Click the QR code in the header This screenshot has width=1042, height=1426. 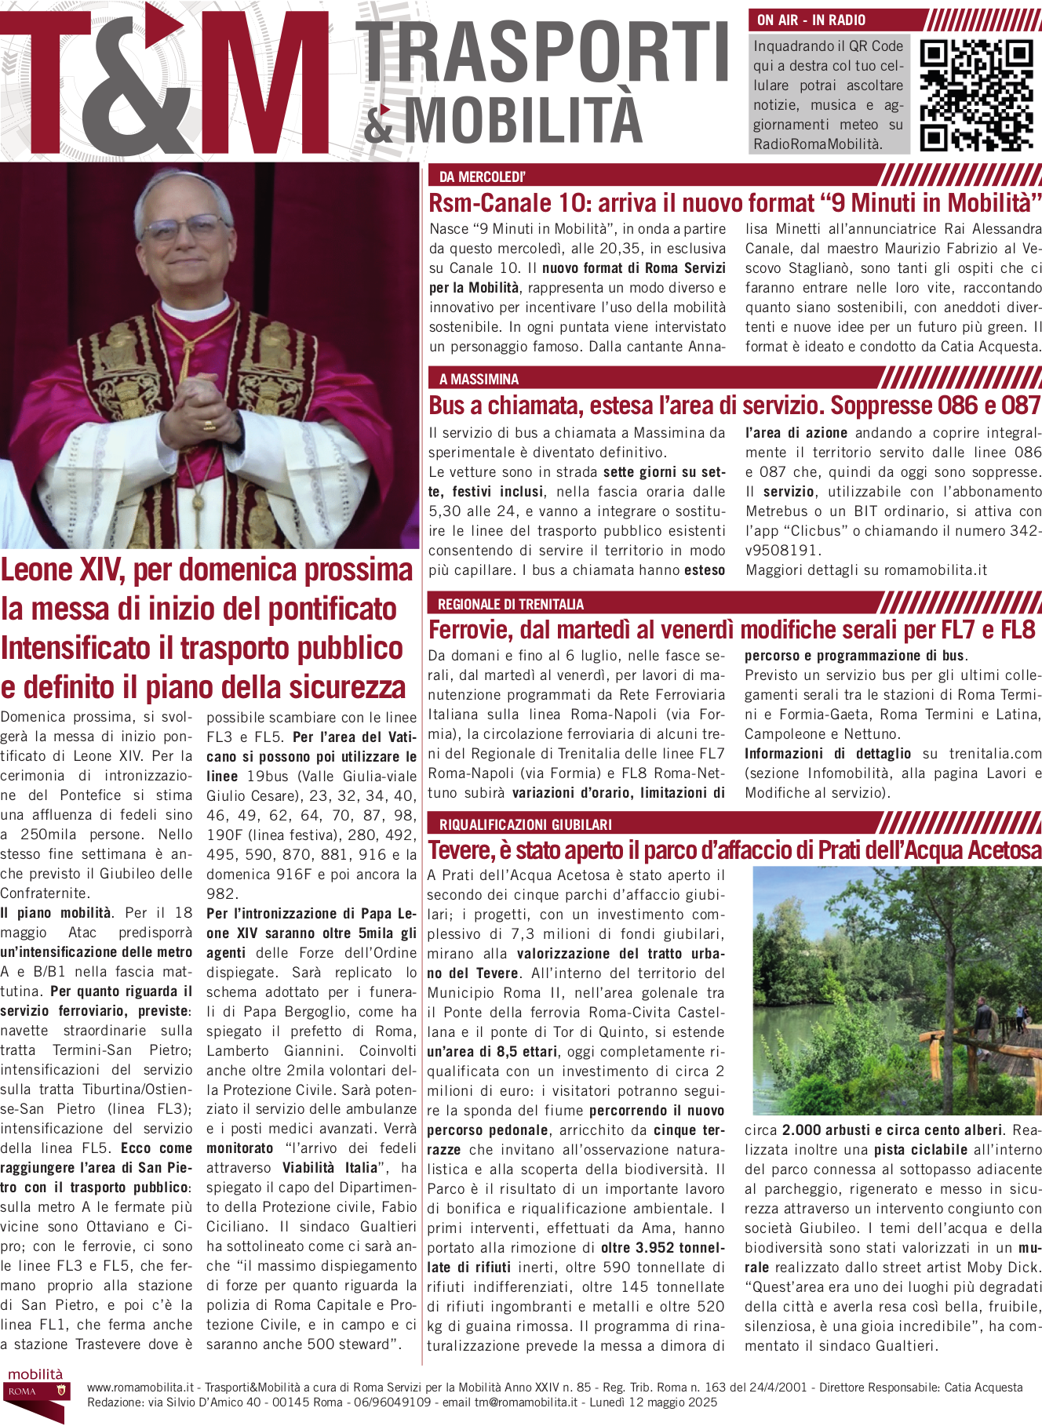click(975, 94)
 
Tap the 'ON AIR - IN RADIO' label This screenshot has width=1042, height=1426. click(811, 20)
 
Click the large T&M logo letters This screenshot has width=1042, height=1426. click(165, 82)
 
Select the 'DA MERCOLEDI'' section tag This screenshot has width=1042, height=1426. click(482, 176)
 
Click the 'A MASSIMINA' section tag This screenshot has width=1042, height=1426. click(479, 380)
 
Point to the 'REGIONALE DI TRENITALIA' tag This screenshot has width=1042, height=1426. click(510, 604)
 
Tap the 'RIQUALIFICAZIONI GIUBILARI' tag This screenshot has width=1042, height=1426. click(525, 824)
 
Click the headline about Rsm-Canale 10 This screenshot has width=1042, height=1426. click(734, 203)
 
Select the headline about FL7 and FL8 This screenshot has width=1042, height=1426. click(731, 630)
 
